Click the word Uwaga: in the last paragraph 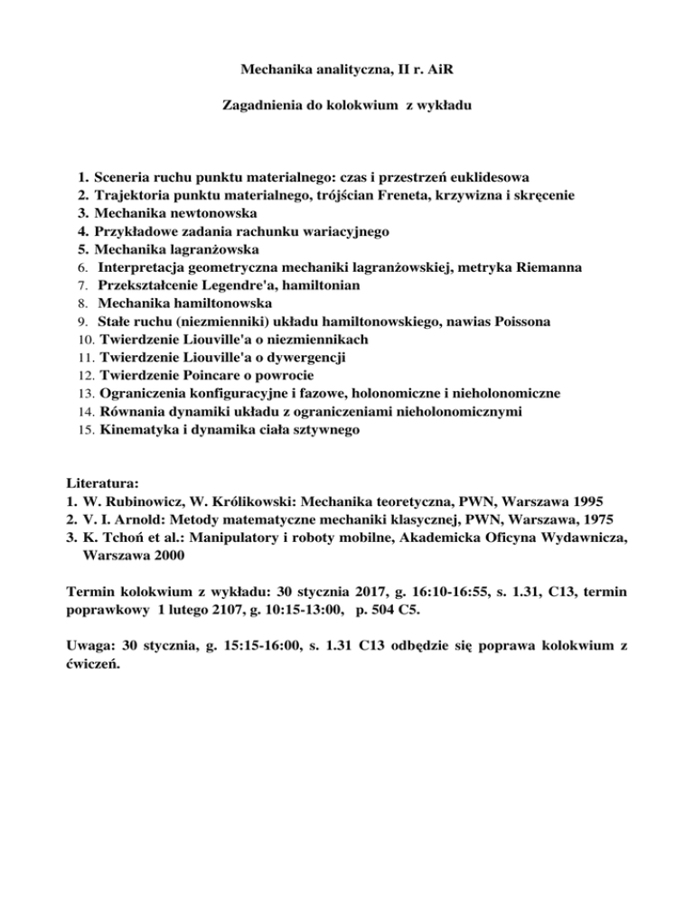[93, 648]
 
